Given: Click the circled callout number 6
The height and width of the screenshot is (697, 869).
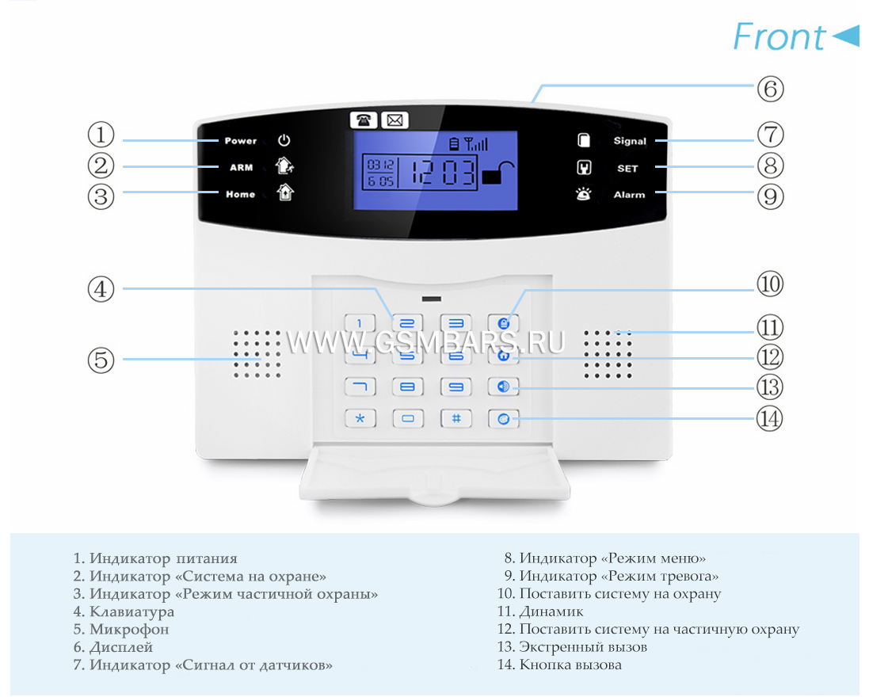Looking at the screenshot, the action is (770, 89).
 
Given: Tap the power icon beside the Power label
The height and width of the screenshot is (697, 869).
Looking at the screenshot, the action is (284, 140).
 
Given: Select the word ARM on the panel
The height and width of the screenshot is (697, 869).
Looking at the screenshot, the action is (241, 167).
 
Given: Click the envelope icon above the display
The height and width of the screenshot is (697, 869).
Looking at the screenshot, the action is (394, 120).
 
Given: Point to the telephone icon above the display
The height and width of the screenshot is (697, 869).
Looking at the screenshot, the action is (364, 120).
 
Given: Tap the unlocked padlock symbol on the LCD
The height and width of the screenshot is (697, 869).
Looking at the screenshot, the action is (497, 173).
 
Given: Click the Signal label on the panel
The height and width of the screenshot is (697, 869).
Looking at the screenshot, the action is (630, 141).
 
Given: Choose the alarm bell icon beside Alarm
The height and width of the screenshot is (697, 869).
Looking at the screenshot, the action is (583, 194).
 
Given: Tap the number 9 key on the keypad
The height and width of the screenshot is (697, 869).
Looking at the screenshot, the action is (455, 387).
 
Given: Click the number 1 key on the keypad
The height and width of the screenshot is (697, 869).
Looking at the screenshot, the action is (360, 323).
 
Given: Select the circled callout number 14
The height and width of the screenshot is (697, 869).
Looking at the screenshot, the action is (770, 418).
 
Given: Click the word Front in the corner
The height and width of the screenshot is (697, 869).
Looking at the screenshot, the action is (779, 36).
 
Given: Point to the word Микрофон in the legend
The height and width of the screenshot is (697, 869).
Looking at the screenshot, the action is (129, 630).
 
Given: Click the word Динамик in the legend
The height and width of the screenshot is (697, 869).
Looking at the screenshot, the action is (551, 611).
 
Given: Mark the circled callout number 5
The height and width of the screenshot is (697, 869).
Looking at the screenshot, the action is (101, 360).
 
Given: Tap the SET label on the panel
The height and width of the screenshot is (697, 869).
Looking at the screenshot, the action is (627, 169).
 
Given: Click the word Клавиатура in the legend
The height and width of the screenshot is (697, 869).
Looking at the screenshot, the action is (132, 611).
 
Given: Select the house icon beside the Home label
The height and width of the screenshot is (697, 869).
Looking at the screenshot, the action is (285, 192).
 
